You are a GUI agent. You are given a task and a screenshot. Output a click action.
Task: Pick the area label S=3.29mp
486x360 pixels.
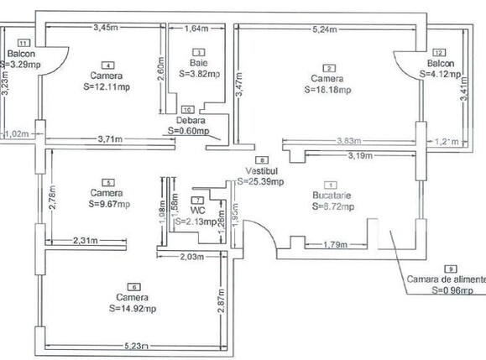(x=19, y=63)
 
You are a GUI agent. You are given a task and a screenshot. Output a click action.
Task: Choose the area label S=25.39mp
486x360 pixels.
(x=260, y=180)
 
